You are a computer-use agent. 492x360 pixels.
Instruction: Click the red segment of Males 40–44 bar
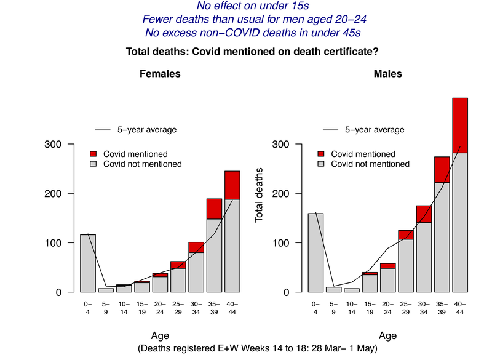[460, 125]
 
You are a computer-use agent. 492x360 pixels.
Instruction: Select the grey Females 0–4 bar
[88, 263]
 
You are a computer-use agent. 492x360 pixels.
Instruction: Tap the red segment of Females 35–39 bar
[214, 209]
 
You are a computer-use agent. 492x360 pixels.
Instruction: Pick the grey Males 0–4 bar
[315, 252]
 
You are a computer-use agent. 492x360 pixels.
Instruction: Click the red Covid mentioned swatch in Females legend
[93, 153]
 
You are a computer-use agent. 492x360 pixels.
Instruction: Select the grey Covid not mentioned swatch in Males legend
[321, 164]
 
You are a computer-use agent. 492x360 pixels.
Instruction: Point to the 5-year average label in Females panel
[147, 130]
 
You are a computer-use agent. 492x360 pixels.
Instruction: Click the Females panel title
[160, 74]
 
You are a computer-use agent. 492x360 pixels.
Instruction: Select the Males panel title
[387, 74]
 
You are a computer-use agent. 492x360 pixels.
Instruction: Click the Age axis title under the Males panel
[387, 336]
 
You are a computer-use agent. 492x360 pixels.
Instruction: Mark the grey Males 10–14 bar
[352, 290]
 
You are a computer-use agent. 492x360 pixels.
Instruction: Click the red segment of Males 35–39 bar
[442, 169]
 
